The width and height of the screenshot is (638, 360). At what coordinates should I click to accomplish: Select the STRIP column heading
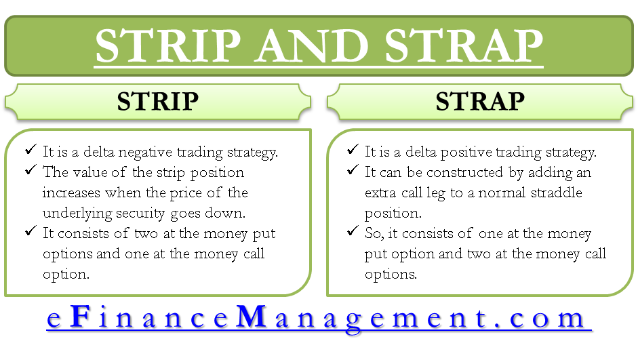tap(158, 101)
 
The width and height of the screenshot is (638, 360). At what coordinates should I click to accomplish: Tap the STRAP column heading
tap(480, 101)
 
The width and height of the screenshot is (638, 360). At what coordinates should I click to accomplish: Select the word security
tap(140, 214)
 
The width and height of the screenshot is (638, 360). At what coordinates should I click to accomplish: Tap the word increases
tap(71, 193)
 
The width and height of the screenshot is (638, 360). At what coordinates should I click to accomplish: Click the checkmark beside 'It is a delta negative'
tap(31, 149)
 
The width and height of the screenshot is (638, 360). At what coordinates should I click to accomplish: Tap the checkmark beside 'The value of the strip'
tap(31, 169)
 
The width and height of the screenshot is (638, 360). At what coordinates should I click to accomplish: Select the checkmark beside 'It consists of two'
tap(31, 231)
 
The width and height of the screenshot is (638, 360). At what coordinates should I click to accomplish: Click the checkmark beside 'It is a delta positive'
tap(353, 149)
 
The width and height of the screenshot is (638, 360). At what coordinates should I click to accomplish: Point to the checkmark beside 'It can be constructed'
tap(353, 169)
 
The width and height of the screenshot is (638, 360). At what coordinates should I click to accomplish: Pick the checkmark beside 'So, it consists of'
tap(353, 231)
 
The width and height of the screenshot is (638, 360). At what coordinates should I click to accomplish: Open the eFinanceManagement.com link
tap(319, 318)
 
